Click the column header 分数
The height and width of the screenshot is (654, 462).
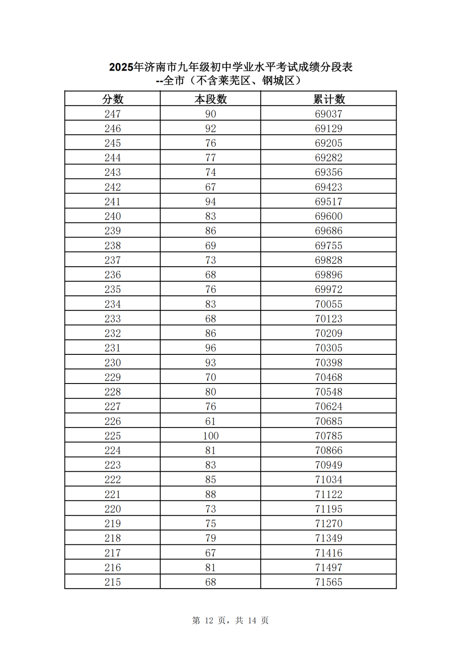pos(113,99)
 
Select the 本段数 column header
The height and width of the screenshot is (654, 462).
pos(210,99)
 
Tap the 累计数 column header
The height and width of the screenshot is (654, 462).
pos(329,99)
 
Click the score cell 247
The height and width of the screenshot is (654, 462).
pos(113,114)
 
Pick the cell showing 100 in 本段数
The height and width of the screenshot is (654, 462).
pos(210,436)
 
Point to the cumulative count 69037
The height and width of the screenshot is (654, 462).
pos(329,114)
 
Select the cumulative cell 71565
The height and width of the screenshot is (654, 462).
pos(329,582)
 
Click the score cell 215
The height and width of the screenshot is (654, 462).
pos(113,582)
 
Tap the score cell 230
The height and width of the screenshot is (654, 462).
pos(113,363)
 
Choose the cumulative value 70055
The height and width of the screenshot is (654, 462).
pos(329,304)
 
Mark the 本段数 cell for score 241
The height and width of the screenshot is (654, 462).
pos(210,202)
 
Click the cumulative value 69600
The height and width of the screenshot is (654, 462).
pos(329,216)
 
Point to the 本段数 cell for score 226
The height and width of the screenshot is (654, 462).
pos(210,421)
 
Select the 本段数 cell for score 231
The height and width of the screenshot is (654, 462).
pos(210,348)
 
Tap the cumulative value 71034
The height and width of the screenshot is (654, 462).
pos(329,480)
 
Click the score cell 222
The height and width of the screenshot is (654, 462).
pos(113,480)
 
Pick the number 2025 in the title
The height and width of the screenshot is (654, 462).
pos(121,67)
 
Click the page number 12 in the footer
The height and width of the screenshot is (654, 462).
pos(209,621)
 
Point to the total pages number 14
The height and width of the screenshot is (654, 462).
pos(252,621)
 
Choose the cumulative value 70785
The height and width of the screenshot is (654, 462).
pos(329,436)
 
